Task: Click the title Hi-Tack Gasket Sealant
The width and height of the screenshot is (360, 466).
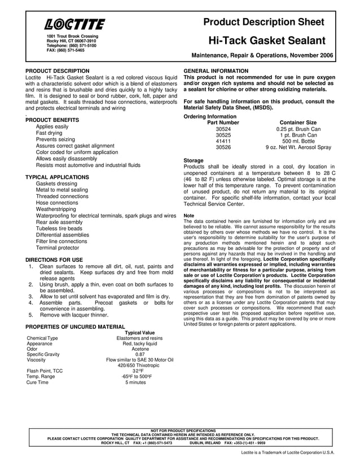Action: coord(267,41)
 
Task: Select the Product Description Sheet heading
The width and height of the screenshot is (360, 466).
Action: coord(264,21)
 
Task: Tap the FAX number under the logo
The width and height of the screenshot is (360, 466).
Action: coord(65,50)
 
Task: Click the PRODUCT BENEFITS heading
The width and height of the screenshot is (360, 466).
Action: coord(52,120)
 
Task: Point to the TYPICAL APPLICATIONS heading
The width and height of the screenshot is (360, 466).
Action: coord(59,177)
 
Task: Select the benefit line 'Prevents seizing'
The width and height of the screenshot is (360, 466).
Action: coord(55,139)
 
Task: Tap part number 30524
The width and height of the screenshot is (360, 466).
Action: coord(223,129)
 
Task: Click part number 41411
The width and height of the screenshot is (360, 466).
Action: coord(223,141)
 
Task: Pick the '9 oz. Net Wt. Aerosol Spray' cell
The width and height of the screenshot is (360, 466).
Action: coord(298,147)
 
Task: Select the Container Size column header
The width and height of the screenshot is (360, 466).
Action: coord(298,122)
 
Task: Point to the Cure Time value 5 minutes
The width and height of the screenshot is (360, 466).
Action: coord(135,382)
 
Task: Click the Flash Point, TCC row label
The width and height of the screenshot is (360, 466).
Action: coord(45,371)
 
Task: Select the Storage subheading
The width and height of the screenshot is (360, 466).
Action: coord(194,160)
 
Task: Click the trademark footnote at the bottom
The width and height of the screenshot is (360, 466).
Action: coord(287,452)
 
